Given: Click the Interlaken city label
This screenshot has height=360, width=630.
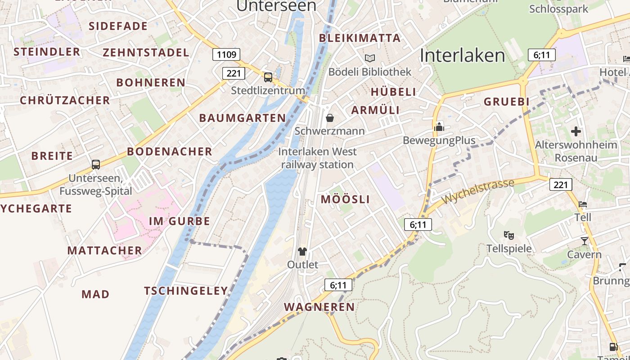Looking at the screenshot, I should [x=462, y=55].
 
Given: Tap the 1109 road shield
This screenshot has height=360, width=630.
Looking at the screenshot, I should [x=226, y=54].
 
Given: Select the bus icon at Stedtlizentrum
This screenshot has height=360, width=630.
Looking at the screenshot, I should [x=268, y=77].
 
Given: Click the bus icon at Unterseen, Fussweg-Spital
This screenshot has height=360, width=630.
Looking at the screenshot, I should [x=96, y=165].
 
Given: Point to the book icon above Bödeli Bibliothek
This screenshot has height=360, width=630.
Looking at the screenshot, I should [x=370, y=58].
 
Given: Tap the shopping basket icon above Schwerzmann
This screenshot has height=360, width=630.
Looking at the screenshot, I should [x=330, y=118].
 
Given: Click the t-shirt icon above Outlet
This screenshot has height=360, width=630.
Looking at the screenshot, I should [x=302, y=252].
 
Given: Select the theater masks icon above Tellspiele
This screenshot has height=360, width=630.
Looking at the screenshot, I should [x=509, y=235].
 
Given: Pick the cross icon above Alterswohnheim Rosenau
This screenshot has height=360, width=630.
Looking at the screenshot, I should [x=576, y=131].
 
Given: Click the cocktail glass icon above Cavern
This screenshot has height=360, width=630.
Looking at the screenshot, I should [x=584, y=241].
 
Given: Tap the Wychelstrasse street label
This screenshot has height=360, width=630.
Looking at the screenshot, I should [x=478, y=192].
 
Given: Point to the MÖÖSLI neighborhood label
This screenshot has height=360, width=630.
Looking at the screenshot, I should [x=345, y=199].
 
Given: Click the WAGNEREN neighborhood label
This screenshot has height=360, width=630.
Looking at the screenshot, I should [x=319, y=307].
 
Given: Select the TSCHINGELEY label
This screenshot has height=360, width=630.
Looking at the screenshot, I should [x=186, y=291].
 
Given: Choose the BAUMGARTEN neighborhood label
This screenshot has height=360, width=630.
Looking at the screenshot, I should [x=243, y=118].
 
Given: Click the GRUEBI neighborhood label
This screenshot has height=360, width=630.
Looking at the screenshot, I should [x=507, y=102].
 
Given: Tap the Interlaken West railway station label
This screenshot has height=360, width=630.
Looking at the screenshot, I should [x=317, y=158].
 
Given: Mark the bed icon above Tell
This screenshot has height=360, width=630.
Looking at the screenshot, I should [x=583, y=204].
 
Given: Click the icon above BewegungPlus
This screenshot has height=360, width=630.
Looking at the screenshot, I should [x=439, y=127].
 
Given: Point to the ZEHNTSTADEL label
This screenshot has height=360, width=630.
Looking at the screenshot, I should [x=146, y=52].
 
